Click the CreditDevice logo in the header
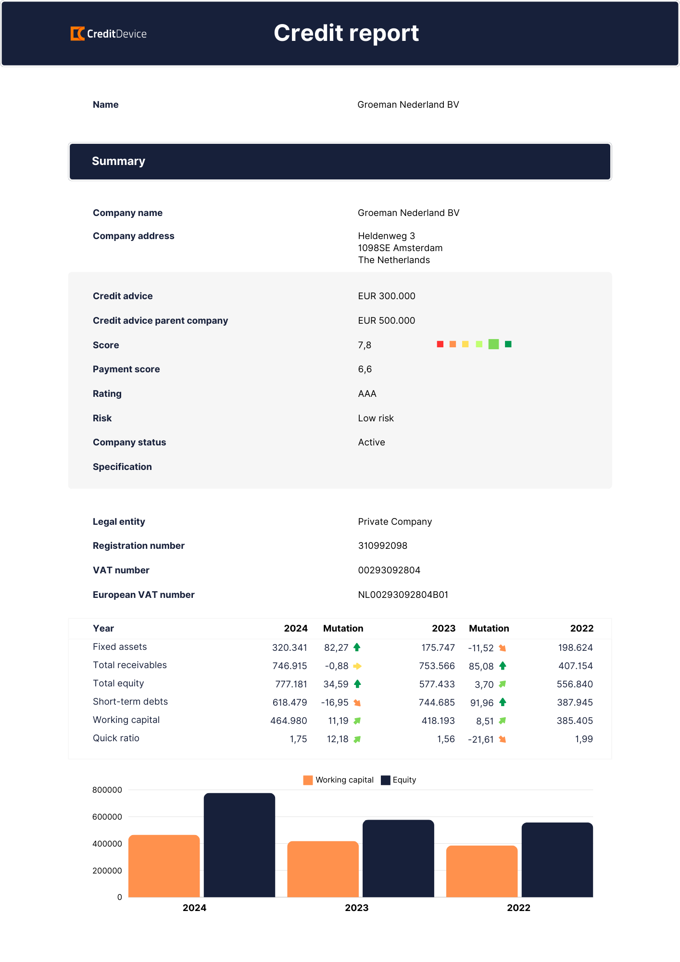(x=109, y=34)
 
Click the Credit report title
(x=346, y=33)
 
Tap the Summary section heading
(x=118, y=161)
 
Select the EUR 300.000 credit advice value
(x=387, y=296)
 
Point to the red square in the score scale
(x=440, y=344)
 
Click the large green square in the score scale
(x=493, y=344)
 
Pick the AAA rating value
(x=367, y=393)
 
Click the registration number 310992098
(x=382, y=545)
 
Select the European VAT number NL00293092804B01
(x=403, y=595)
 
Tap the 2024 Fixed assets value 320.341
(x=290, y=647)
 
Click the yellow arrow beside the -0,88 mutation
(x=357, y=666)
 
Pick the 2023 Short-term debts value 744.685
(x=437, y=702)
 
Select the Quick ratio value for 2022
(x=584, y=739)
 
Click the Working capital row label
(x=126, y=720)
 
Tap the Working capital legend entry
(x=339, y=780)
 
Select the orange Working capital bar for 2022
(x=482, y=871)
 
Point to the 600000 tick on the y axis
(x=107, y=817)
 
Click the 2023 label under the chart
(x=357, y=908)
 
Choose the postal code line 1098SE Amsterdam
(x=400, y=248)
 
